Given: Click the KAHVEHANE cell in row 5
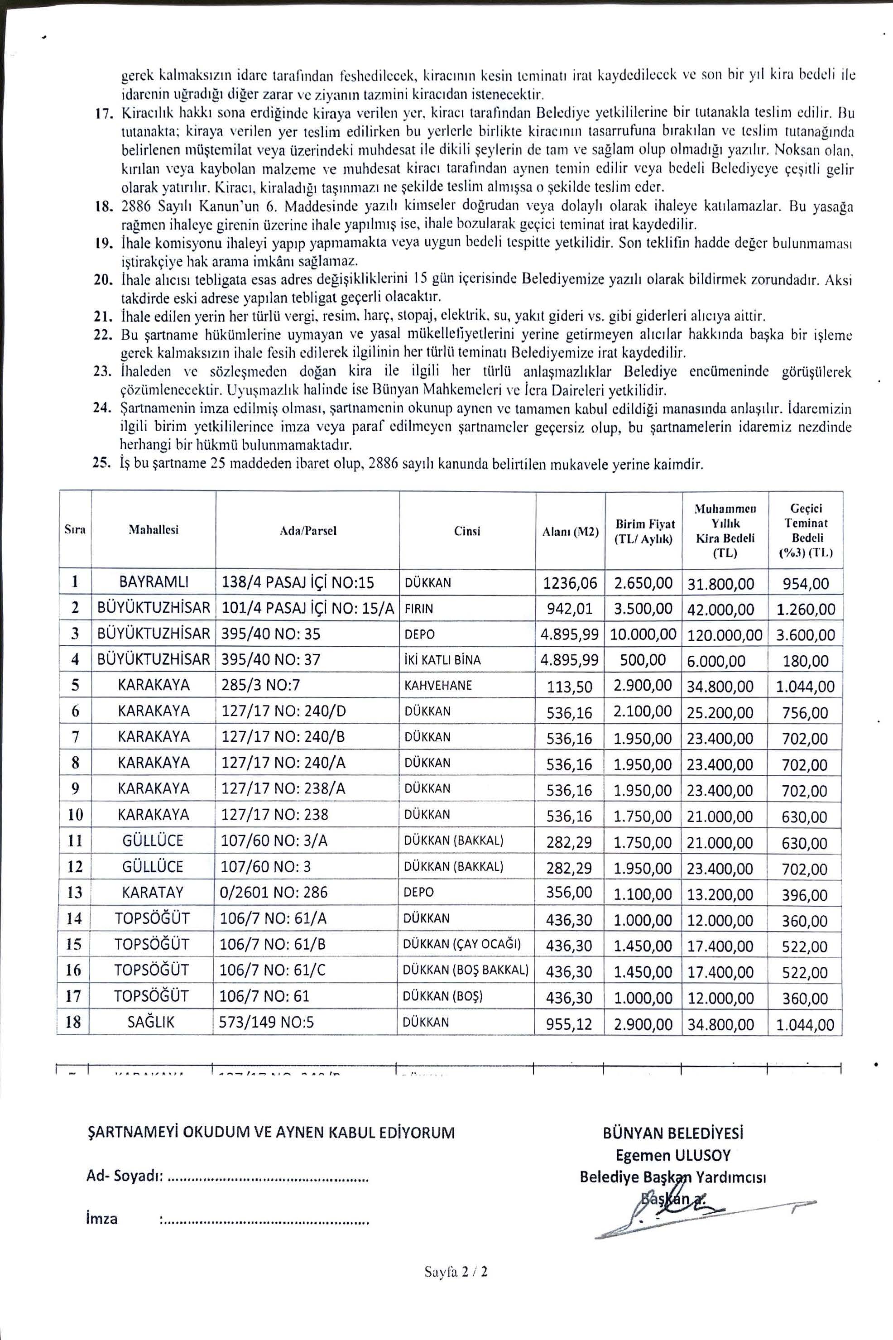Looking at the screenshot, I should pyautogui.click(x=438, y=685).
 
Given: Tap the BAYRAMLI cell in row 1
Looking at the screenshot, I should pyautogui.click(x=154, y=582).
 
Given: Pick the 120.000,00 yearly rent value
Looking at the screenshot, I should pyautogui.click(x=725, y=635).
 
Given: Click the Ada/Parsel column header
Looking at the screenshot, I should pyautogui.click(x=307, y=530).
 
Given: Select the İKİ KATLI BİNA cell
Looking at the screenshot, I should pyautogui.click(x=442, y=660).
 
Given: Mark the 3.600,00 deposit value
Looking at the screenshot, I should pyautogui.click(x=805, y=635).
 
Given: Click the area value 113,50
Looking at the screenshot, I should pyautogui.click(x=570, y=686).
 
